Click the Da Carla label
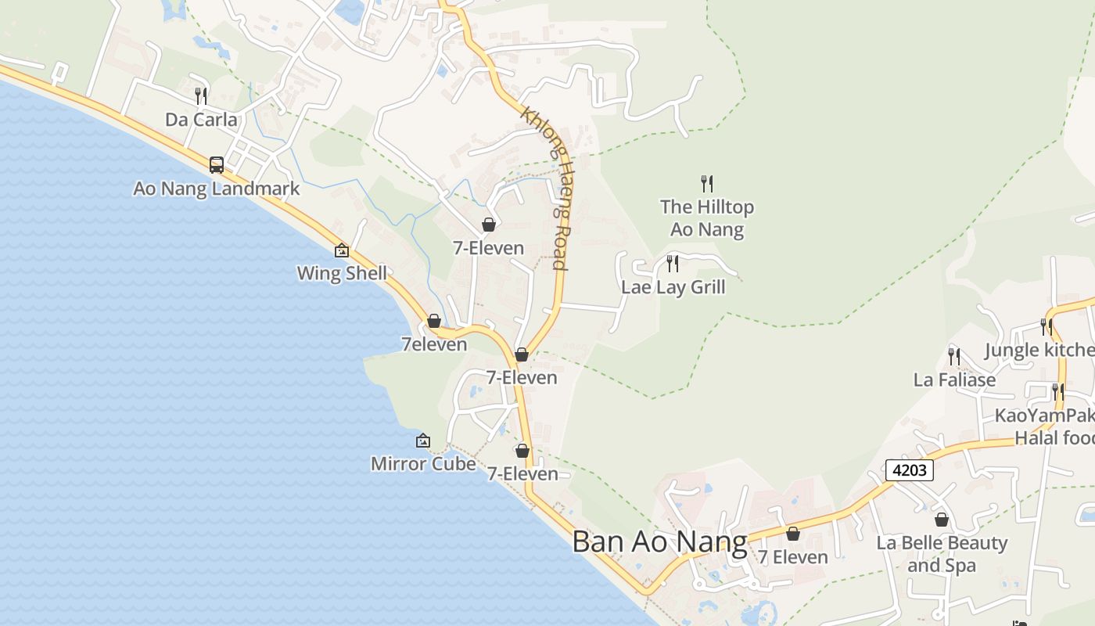[201, 120]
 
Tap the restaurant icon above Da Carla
[201, 96]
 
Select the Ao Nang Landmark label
[217, 189]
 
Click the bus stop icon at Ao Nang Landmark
[217, 165]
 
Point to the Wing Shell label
[342, 273]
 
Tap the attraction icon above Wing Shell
[342, 250]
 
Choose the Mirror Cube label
[423, 463]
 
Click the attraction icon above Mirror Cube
[423, 441]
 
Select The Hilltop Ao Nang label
[707, 218]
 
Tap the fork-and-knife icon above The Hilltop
[707, 184]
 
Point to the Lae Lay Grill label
[673, 287]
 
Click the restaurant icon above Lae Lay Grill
[673, 264]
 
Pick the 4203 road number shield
[910, 470]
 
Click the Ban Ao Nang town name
[659, 541]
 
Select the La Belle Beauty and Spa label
[942, 554]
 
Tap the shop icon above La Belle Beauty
[942, 520]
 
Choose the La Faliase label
[954, 380]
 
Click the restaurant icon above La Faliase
[954, 357]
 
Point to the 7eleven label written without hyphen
[434, 344]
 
